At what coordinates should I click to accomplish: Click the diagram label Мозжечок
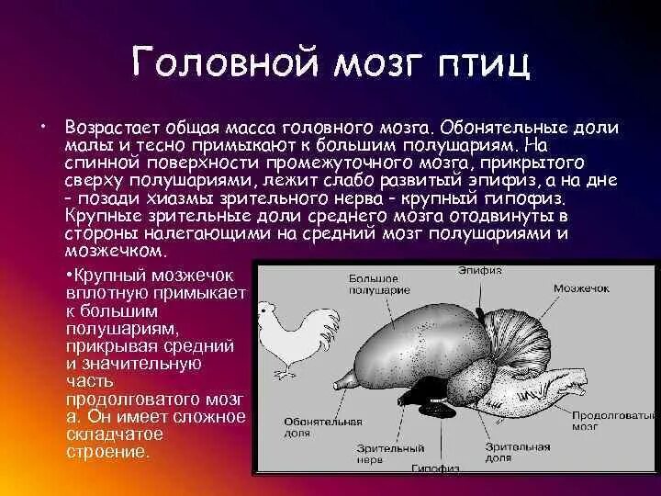(581, 288)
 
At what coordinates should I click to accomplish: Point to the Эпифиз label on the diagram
(480, 270)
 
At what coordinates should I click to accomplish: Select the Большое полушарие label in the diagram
(379, 284)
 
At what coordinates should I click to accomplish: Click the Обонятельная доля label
(323, 427)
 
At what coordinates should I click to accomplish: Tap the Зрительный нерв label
(390, 454)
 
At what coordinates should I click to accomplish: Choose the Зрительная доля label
(517, 452)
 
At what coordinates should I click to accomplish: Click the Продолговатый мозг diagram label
(614, 421)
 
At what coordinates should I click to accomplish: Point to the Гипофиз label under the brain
(435, 468)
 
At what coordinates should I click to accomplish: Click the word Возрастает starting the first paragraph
(112, 128)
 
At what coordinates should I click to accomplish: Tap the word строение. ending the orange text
(108, 452)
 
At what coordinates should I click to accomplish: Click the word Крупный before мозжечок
(109, 276)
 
